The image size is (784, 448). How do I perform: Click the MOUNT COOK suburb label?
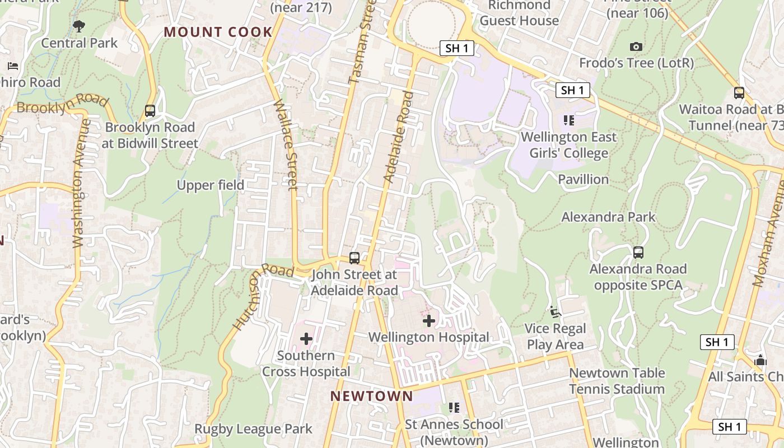pos(218,32)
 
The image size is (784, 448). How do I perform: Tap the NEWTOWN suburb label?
pos(371,396)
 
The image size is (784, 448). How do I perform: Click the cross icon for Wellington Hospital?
pos(429,321)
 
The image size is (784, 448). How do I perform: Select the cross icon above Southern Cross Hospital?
pos(306,338)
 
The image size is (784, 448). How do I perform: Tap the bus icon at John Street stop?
pos(354,258)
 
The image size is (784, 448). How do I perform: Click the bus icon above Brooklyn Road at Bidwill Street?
pos(150,111)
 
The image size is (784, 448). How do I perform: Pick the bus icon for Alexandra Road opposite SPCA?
pos(638,253)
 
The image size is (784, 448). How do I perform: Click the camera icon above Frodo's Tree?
pos(636,47)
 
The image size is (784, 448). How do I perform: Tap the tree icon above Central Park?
pos(79,26)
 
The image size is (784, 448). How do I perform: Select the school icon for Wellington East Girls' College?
pos(569,120)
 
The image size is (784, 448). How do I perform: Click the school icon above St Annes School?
pos(454,408)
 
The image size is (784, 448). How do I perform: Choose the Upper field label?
pos(211,185)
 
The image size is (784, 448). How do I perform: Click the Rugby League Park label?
pos(253,429)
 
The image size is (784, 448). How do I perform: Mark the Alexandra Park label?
pos(608,217)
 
